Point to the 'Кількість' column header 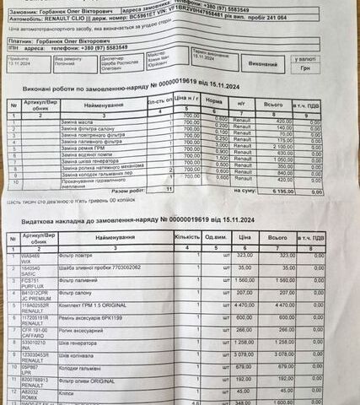(186, 236)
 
